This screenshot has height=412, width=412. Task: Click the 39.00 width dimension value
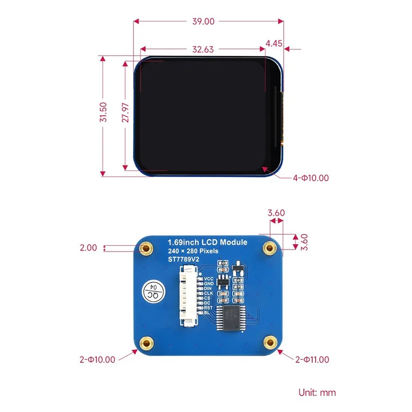click(x=202, y=22)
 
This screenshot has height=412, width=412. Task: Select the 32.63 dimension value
click(x=203, y=50)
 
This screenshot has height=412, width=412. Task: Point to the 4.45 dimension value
click(x=273, y=44)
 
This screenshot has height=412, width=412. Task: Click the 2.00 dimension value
click(x=88, y=248)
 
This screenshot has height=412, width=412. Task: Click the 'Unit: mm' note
click(x=317, y=392)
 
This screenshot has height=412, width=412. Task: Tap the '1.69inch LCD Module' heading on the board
click(x=208, y=242)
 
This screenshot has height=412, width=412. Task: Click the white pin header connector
click(x=187, y=297)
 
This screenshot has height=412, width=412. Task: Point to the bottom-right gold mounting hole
click(x=269, y=342)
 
